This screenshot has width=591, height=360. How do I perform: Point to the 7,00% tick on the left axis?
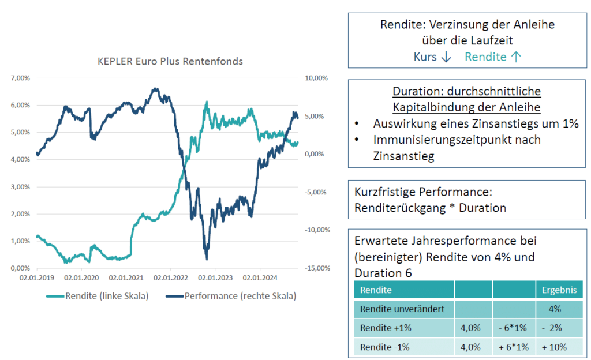pyautogui.click(x=21, y=78)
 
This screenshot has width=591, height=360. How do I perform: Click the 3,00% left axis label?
pyautogui.click(x=21, y=187)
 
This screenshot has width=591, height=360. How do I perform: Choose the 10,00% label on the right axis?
pyautogui.click(x=316, y=78)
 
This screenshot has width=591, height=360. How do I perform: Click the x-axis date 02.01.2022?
pyautogui.click(x=170, y=277)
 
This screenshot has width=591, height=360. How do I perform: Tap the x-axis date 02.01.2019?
pyautogui.click(x=37, y=277)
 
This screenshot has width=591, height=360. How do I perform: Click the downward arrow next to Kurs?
pyautogui.click(x=445, y=57)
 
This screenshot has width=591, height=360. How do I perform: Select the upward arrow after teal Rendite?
pyautogui.click(x=516, y=57)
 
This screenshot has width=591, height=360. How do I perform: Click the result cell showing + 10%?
pyautogui.click(x=554, y=347)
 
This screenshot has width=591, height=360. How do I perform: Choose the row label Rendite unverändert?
pyautogui.click(x=402, y=309)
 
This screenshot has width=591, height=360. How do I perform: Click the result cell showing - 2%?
pyautogui.click(x=554, y=328)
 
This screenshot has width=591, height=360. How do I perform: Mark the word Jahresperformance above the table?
pyautogui.click(x=452, y=240)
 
